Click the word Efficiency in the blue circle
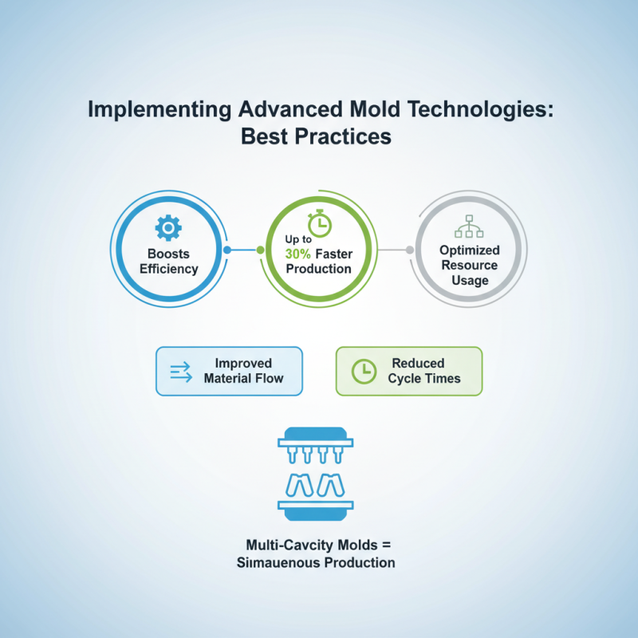point(168,267)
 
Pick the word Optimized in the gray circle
point(469,250)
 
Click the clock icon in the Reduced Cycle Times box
point(364,370)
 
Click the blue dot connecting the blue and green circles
point(227,250)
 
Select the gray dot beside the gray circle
point(410,250)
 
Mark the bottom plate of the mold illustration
point(318,505)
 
